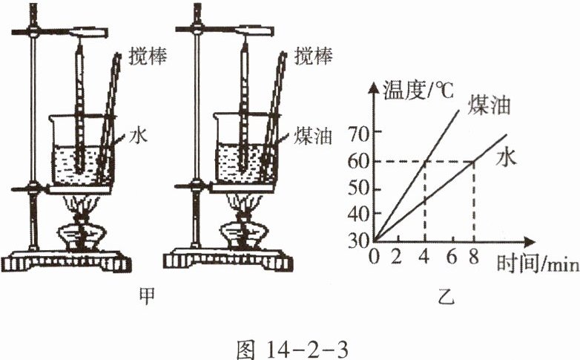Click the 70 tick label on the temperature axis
(x=359, y=133)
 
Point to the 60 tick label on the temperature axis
(x=359, y=160)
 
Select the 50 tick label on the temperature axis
(x=359, y=188)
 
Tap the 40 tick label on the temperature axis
(x=359, y=215)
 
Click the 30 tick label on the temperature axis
(x=359, y=240)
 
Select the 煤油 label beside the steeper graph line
(x=489, y=105)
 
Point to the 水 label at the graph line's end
(x=506, y=157)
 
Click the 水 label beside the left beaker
(x=135, y=136)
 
